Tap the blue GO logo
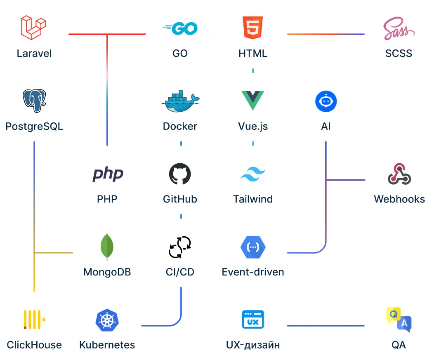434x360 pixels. tap(180, 28)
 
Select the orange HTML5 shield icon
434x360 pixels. tap(253, 28)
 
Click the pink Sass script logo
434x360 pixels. tap(399, 29)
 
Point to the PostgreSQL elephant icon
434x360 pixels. tap(34, 101)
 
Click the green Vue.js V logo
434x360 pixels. tap(253, 101)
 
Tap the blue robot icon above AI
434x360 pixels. tap(326, 101)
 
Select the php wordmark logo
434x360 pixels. tap(107, 174)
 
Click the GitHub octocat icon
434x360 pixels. tap(180, 174)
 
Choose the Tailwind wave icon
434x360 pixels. tap(253, 174)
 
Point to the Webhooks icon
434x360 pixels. tap(399, 174)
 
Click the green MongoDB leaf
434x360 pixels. tap(107, 247)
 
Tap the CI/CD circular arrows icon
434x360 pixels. tap(180, 247)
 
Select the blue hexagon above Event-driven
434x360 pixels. tap(253, 247)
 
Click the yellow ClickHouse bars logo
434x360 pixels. tap(34, 320)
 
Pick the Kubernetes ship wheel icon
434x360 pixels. tap(107, 320)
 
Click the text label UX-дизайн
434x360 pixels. tap(253, 345)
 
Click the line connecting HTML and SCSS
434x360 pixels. tap(326, 34)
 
